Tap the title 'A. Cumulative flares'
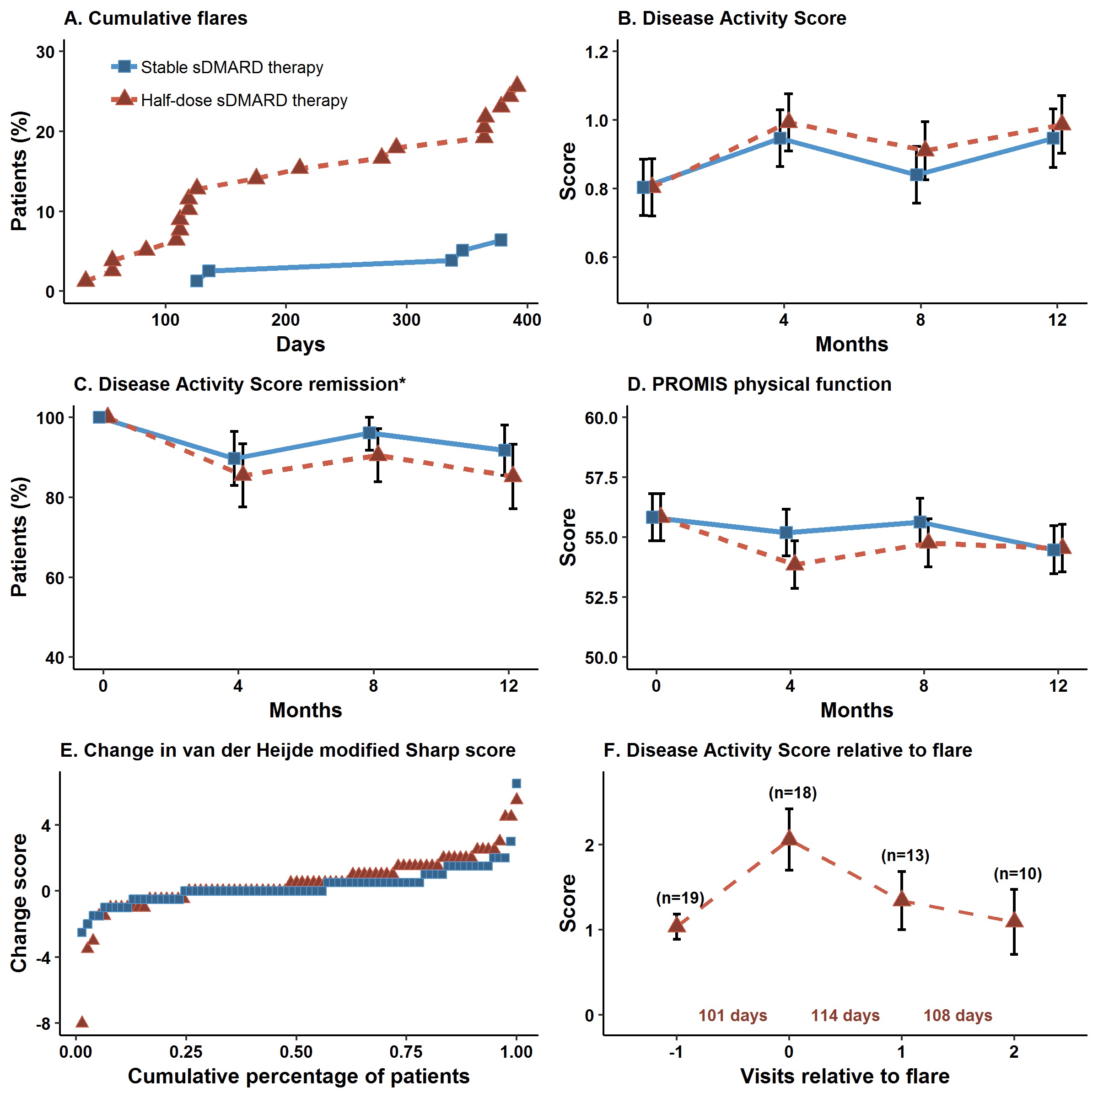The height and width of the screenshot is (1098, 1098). pos(156,18)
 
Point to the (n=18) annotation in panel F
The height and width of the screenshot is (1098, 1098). pos(792,793)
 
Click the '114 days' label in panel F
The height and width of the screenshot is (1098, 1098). pos(845,1015)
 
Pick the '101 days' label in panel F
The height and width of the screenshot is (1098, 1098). pos(732,1015)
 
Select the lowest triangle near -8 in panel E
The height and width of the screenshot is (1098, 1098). pos(82,1022)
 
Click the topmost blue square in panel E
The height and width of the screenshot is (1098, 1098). pos(516,784)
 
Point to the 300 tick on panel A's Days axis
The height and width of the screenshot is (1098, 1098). pos(406,320)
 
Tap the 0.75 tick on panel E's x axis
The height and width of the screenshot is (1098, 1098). pos(406,1052)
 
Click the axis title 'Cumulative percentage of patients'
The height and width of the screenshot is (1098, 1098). pos(298,1076)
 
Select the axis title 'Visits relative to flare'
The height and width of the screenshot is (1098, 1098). pos(845,1076)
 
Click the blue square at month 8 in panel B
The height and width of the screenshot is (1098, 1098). pos(916,174)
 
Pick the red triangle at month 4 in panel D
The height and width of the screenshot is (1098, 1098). pos(795,563)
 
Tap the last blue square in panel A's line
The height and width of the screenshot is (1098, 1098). pos(500,240)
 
